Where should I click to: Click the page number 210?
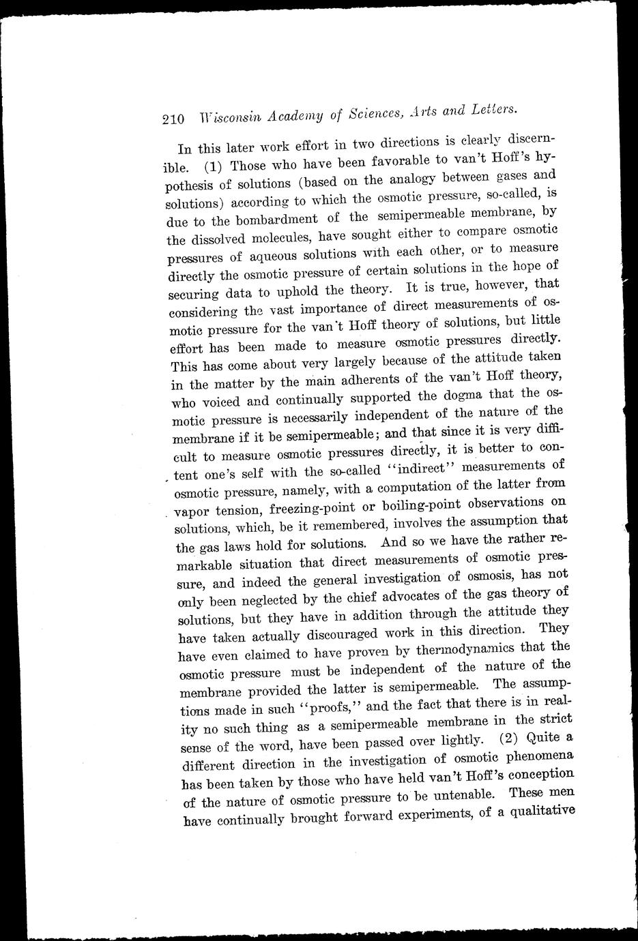click(173, 119)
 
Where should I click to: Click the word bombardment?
click(276, 220)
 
